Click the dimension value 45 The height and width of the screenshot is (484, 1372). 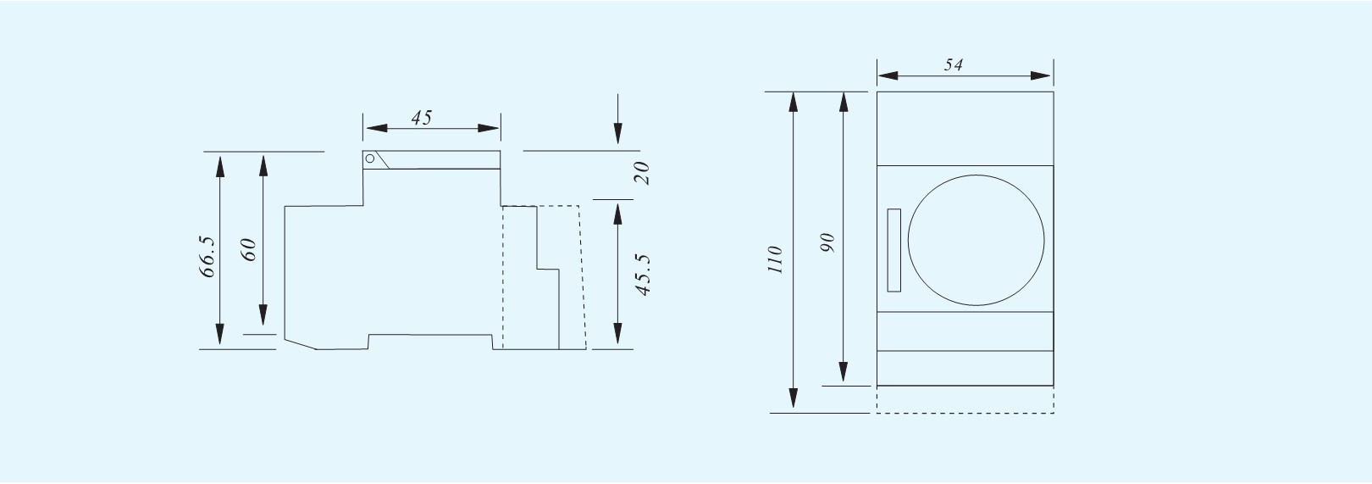[422, 117]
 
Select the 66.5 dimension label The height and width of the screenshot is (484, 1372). [208, 257]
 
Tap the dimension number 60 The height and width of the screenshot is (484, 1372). [249, 249]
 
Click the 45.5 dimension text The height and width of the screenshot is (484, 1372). [642, 275]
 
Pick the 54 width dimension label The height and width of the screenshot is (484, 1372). [954, 64]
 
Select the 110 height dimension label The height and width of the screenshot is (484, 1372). [776, 259]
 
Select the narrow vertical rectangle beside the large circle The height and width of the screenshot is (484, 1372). [894, 250]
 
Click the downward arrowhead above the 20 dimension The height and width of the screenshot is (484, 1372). [618, 134]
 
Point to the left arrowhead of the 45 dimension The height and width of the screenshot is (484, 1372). [376, 128]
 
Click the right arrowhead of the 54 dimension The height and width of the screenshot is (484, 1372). [1040, 75]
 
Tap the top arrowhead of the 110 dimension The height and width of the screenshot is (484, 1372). [794, 102]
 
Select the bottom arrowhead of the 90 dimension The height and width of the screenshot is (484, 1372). [844, 372]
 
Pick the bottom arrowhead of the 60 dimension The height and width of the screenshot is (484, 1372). [263, 315]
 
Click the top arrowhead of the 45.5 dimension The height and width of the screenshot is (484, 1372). [618, 214]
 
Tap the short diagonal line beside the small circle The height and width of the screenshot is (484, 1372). [382, 159]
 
